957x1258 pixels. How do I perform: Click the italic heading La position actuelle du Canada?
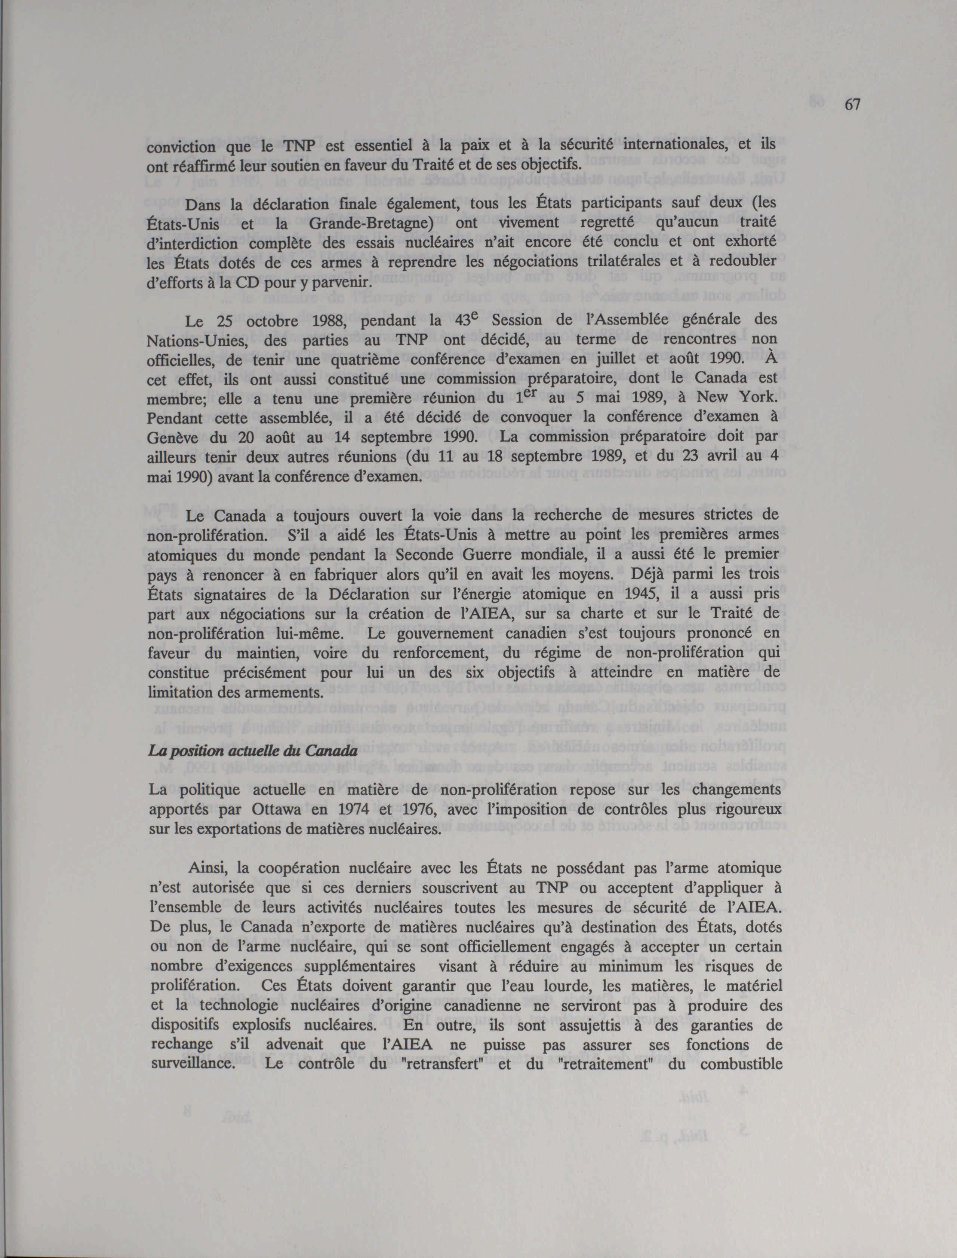tap(252, 751)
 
